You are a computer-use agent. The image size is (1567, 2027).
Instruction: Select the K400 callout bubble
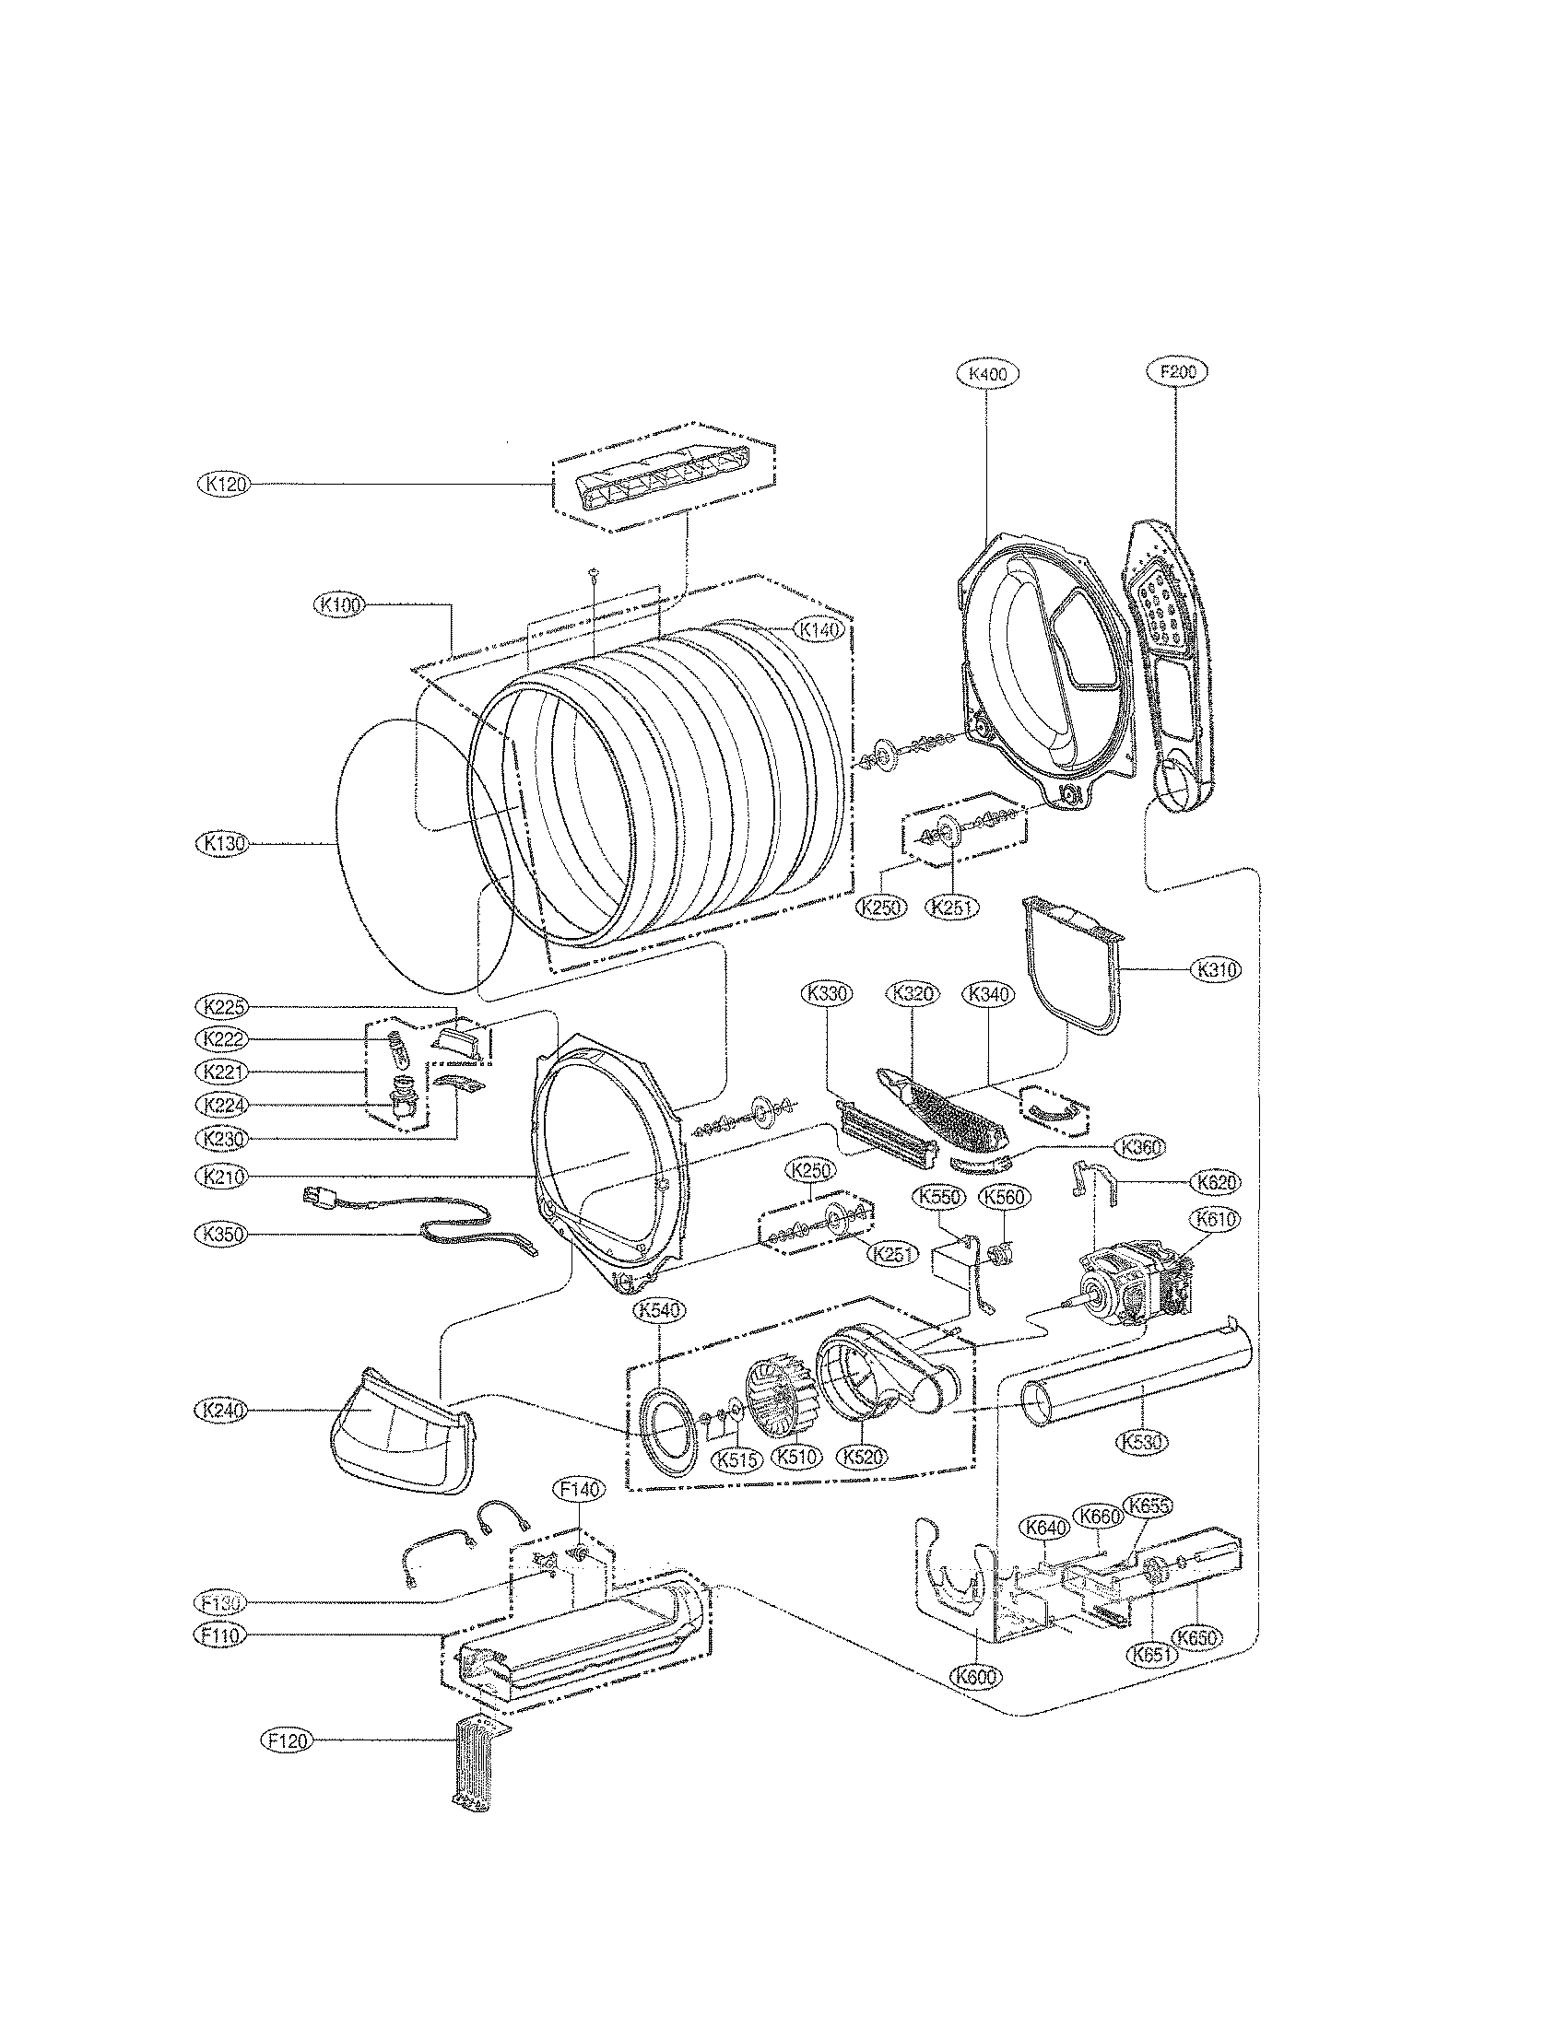click(x=987, y=374)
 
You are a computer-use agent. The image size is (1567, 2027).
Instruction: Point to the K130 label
click(x=222, y=844)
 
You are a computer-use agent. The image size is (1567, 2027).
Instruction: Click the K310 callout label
click(x=1216, y=969)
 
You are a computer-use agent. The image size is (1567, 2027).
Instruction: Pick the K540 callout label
click(x=659, y=1310)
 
